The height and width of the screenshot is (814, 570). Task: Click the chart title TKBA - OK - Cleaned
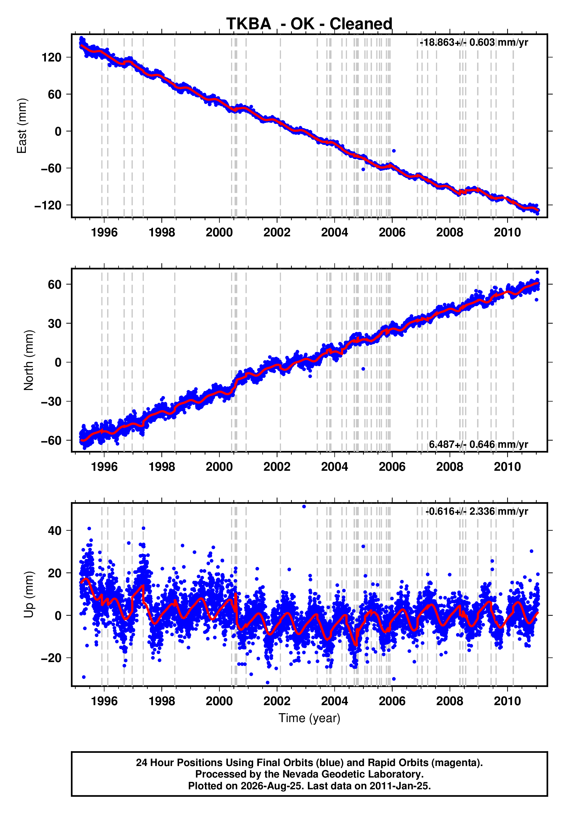309,24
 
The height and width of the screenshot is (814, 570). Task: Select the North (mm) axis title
29,360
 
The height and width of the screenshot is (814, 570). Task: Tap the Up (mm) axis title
29,595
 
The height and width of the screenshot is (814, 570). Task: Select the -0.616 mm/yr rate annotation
476,511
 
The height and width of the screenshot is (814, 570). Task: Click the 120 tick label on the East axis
51,57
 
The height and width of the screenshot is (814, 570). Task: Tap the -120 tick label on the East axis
48,205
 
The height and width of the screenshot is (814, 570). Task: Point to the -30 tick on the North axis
51,401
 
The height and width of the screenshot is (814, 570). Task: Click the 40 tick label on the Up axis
55,531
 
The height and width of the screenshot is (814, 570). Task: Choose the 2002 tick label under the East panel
277,233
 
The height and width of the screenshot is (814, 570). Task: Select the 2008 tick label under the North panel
449,467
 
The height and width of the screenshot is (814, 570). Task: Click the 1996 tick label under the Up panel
104,701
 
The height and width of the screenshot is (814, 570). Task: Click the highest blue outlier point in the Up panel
304,507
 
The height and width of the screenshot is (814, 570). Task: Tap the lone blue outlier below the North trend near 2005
363,369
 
